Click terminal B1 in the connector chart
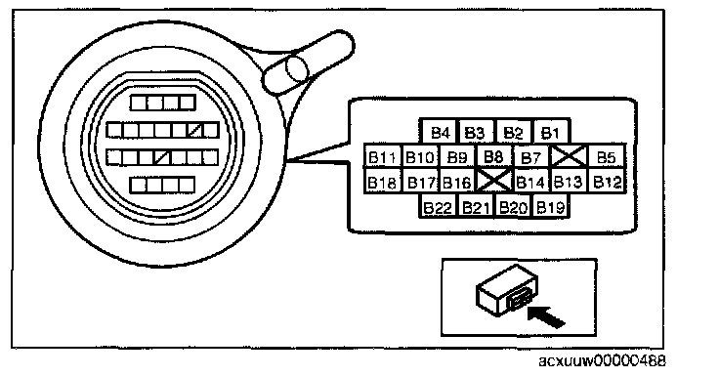coord(551,133)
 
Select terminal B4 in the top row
coord(440,133)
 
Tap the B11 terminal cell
coord(383,157)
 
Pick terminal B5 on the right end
coord(607,157)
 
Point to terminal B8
coord(494,157)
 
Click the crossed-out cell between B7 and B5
coord(570,157)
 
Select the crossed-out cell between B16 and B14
coord(494,181)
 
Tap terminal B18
coord(383,181)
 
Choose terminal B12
coord(607,181)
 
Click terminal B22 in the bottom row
coord(439,206)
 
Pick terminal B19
coord(551,206)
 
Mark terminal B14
coord(531,181)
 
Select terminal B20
coord(513,206)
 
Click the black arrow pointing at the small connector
coord(546,316)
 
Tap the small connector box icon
coord(507,290)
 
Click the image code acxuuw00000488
coord(602,361)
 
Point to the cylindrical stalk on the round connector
coord(308,63)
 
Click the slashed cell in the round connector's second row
coord(195,130)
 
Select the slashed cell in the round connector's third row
coord(163,157)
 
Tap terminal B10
coord(420,157)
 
